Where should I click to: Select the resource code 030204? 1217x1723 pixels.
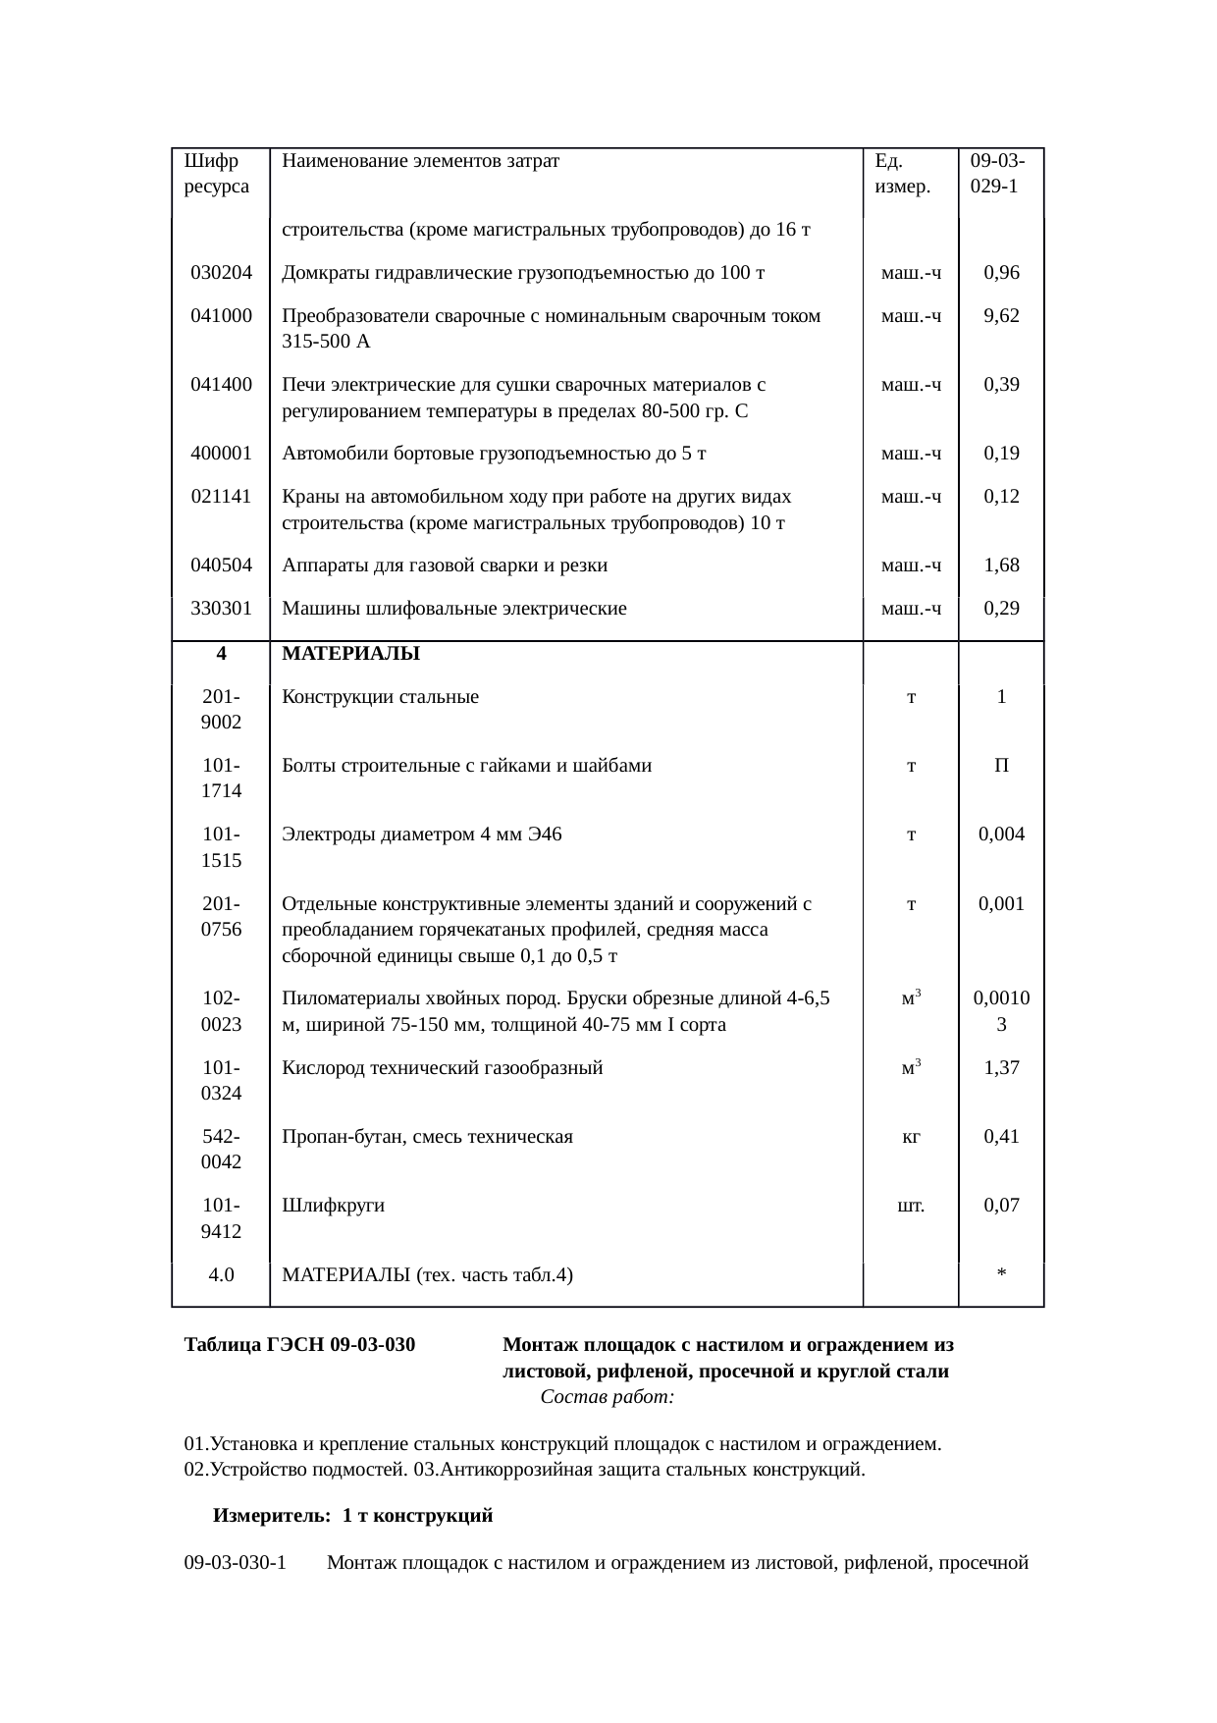(221, 273)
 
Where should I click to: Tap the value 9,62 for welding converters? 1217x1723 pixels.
(1000, 316)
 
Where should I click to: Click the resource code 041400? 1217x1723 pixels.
(221, 385)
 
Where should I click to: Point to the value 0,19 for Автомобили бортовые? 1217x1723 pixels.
(1000, 454)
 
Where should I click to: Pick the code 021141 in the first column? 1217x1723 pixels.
(221, 497)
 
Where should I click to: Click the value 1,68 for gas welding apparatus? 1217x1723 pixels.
(1000, 565)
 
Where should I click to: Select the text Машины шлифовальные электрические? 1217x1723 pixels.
(453, 609)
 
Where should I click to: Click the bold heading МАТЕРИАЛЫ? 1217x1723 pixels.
(350, 654)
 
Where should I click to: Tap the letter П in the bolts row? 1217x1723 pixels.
(1000, 766)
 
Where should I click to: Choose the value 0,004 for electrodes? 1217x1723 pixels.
(1000, 835)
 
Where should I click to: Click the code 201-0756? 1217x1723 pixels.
(221, 916)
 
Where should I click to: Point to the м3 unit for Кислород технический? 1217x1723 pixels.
(911, 1067)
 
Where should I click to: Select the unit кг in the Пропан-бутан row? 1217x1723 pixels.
(911, 1137)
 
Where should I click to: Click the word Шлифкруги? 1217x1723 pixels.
(333, 1206)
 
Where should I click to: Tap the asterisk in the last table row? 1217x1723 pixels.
(1000, 1275)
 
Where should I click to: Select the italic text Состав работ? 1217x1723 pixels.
(607, 1397)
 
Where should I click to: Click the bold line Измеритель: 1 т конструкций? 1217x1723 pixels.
(352, 1516)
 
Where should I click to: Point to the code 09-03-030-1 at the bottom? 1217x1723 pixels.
(235, 1563)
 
